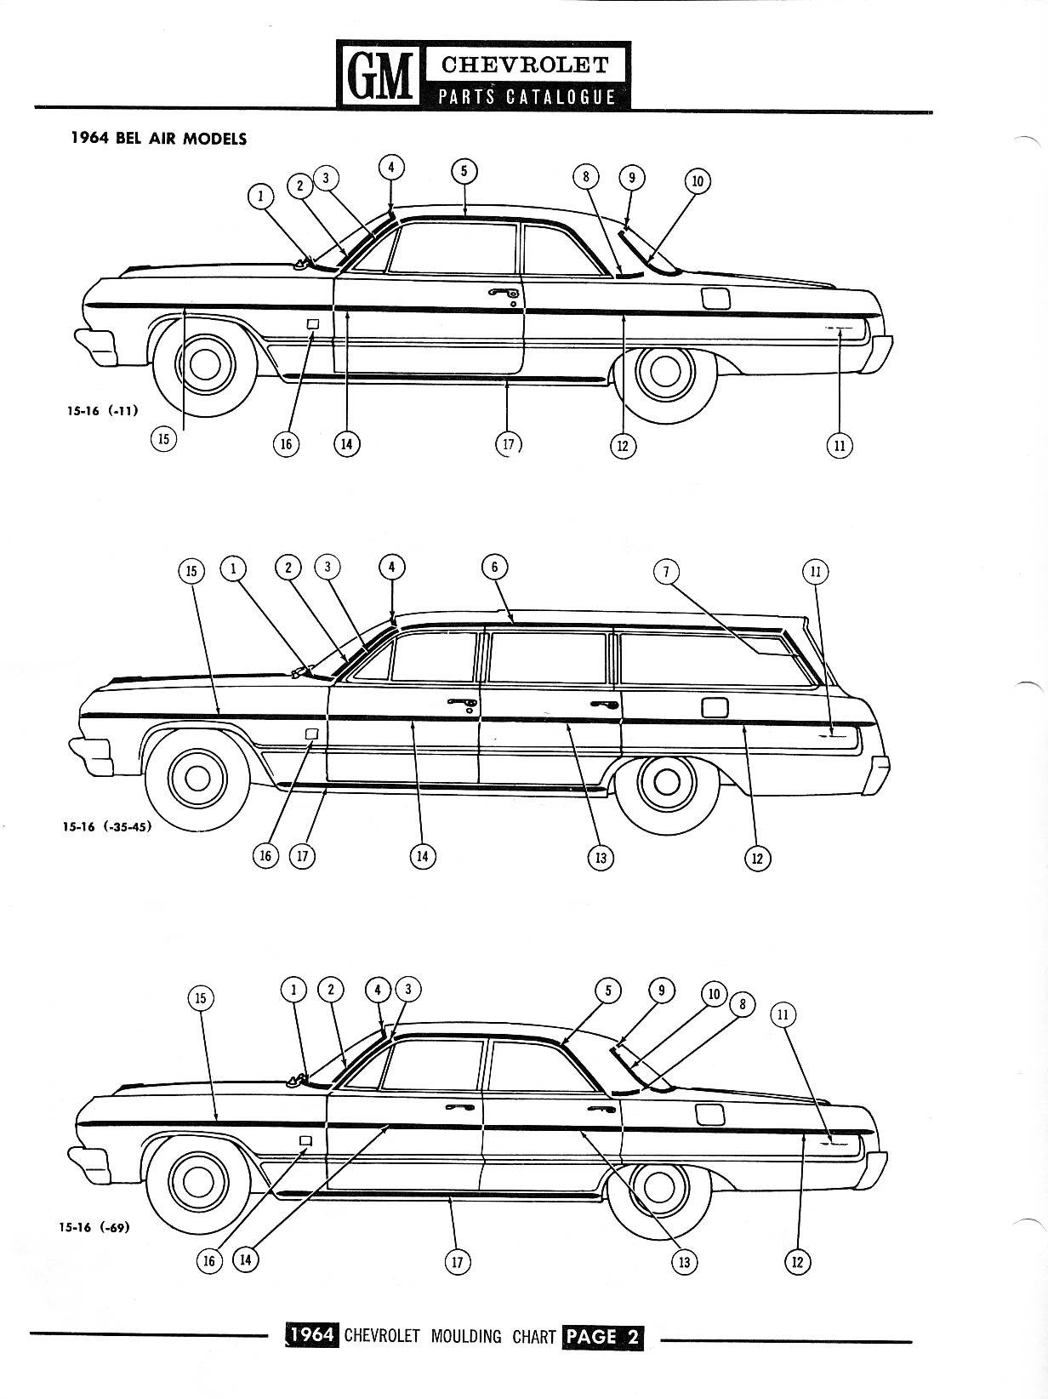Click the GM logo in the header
pos(378,75)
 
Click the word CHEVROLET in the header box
pos(525,65)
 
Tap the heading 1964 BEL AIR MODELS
pos(158,139)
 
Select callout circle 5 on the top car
pos(464,171)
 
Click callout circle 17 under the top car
pos(508,443)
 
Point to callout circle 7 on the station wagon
pos(666,571)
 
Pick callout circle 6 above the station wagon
pos(494,567)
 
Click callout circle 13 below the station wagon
pos(600,858)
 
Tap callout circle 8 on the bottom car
pos(743,1004)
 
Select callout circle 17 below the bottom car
pos(457,1261)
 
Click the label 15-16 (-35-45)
pos(107,829)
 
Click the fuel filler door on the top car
pos(715,299)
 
